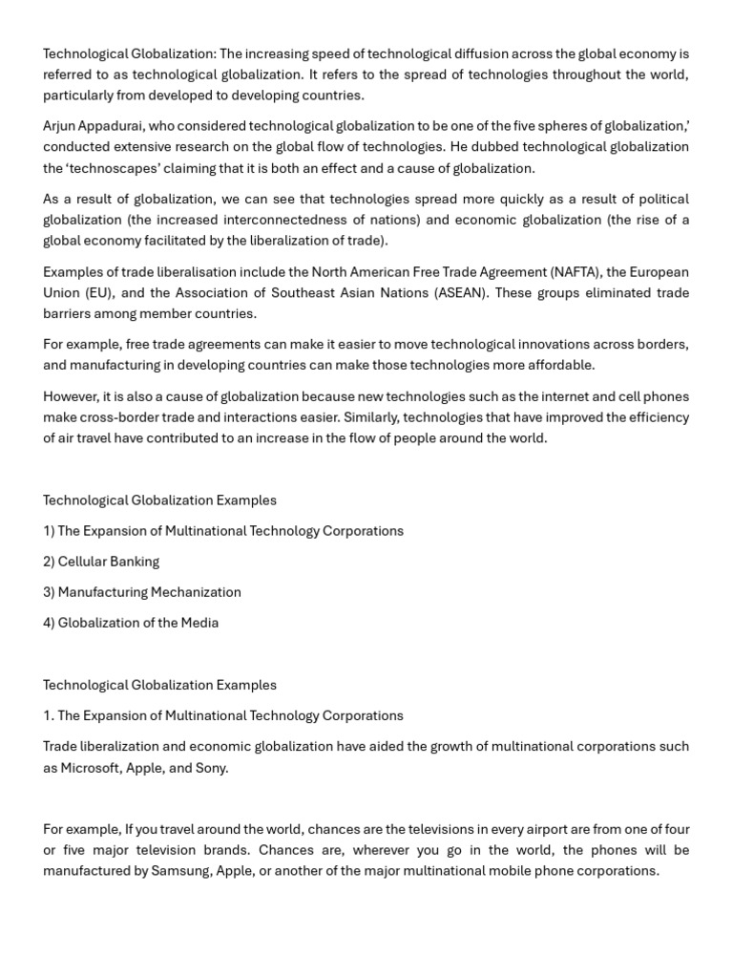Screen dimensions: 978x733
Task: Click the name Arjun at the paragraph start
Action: [61, 126]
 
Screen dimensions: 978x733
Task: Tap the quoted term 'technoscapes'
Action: [114, 168]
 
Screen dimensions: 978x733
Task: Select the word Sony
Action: [211, 768]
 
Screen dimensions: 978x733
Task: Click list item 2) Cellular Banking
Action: [101, 562]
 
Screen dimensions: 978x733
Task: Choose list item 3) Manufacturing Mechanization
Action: [142, 592]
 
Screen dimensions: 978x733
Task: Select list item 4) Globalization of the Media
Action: [131, 623]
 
